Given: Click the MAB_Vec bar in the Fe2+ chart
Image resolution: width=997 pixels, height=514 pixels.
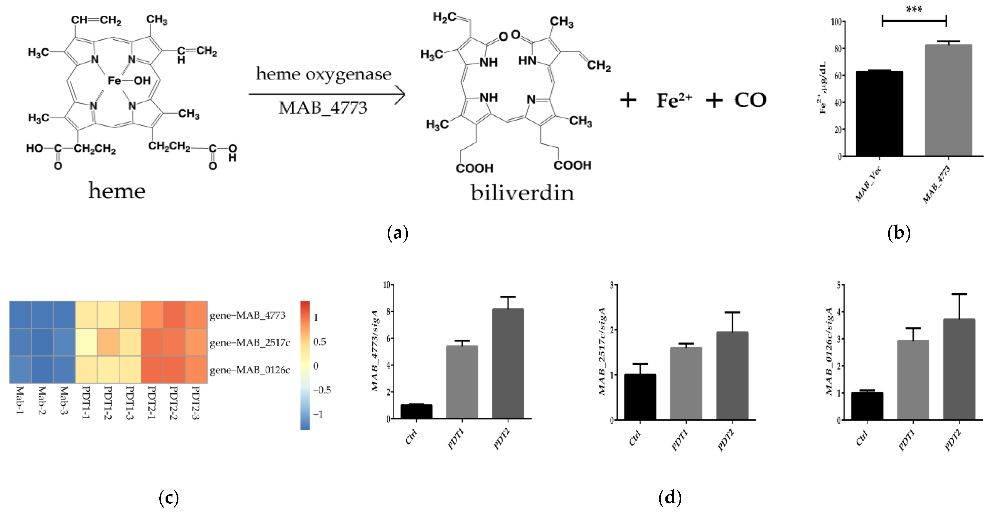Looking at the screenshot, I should (879, 114).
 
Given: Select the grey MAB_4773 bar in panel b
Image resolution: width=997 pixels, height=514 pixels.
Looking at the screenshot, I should (948, 101).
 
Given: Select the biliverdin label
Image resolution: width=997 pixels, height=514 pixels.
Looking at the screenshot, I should (522, 193).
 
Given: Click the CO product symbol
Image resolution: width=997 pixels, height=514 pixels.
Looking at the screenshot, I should (750, 100).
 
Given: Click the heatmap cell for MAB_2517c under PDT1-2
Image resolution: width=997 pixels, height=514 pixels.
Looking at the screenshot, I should (108, 342).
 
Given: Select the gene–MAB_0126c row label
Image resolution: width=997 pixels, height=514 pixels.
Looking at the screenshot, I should (250, 370).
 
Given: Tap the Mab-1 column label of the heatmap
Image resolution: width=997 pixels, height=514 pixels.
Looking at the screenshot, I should (20, 400).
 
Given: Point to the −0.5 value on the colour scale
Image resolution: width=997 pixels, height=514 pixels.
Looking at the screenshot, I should (322, 390).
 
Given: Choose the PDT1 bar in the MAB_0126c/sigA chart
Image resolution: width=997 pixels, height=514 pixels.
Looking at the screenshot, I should (913, 380).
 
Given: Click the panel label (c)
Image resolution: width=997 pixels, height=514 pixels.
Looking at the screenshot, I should (169, 497).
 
